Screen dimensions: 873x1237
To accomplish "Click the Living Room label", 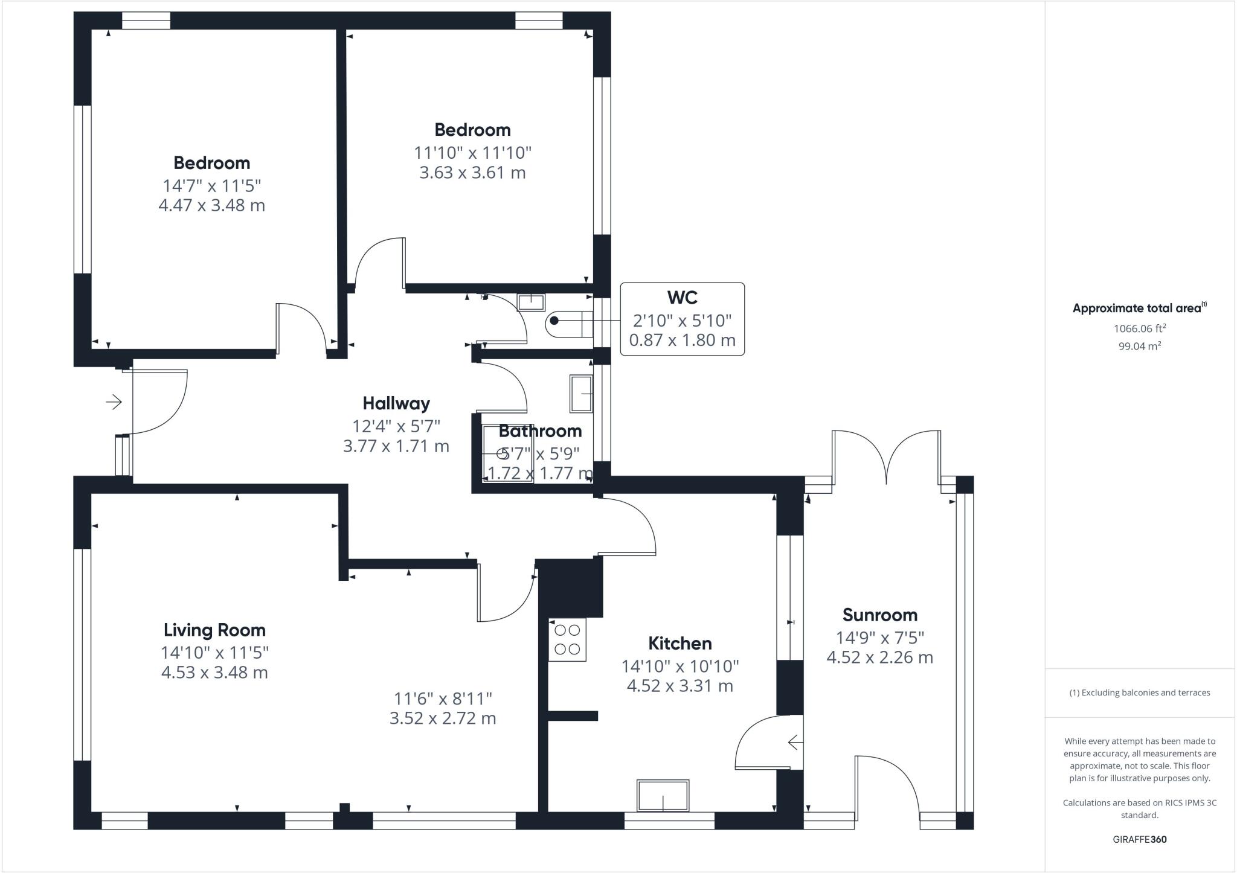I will [214, 630].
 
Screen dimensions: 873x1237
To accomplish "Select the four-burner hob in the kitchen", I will [567, 640].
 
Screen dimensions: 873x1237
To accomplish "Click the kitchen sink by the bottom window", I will [663, 796].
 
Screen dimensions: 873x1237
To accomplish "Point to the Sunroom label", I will [879, 615].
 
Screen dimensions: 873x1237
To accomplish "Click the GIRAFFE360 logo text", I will [1139, 839].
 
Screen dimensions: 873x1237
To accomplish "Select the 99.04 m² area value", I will [1140, 346].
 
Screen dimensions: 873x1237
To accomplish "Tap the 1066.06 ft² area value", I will [1140, 328].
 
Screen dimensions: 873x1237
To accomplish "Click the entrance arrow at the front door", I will [114, 401].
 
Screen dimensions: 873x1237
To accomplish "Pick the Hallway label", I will [396, 403].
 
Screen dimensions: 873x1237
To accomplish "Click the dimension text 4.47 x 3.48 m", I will [211, 205].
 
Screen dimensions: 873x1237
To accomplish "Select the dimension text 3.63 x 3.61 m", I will [472, 173].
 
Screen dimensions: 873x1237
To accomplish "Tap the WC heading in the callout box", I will [682, 297].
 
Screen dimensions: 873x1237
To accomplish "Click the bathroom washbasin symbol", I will [581, 394].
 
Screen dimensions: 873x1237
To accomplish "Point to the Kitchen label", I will [680, 643].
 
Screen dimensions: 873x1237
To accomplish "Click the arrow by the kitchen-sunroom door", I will [795, 743].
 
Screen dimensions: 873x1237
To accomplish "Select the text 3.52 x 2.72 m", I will [443, 718].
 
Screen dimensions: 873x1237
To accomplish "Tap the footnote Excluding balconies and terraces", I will [1139, 692].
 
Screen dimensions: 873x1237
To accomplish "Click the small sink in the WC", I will [532, 301].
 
